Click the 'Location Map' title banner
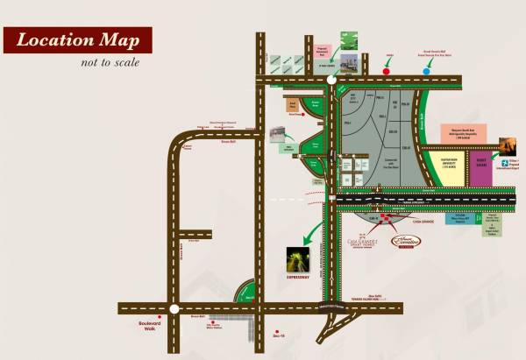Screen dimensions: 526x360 coord(76,41)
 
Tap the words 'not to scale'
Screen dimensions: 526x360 coord(110,62)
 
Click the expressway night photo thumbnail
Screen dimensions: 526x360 coord(297,259)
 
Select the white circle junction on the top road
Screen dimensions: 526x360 coord(331,81)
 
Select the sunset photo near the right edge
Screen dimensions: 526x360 coord(508,145)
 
